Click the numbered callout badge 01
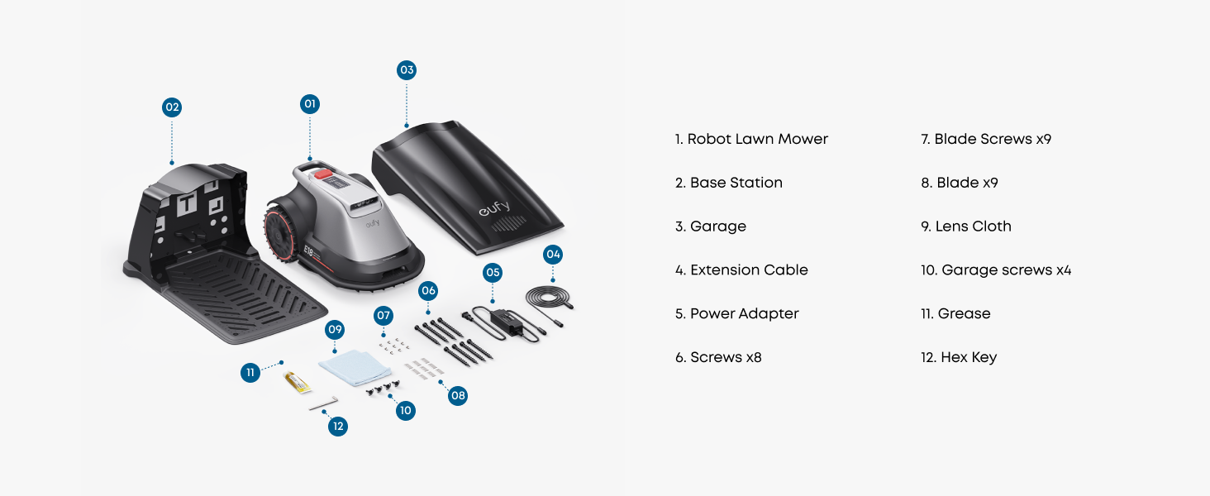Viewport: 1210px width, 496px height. point(310,104)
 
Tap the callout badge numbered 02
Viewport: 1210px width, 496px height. point(171,107)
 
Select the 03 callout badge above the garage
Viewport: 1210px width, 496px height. point(406,70)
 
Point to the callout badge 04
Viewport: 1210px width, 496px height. point(553,254)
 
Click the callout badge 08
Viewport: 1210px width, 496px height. point(458,396)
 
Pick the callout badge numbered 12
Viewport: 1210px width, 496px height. point(337,427)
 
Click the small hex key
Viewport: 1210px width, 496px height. point(323,403)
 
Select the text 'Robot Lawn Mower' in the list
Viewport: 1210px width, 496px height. point(757,139)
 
